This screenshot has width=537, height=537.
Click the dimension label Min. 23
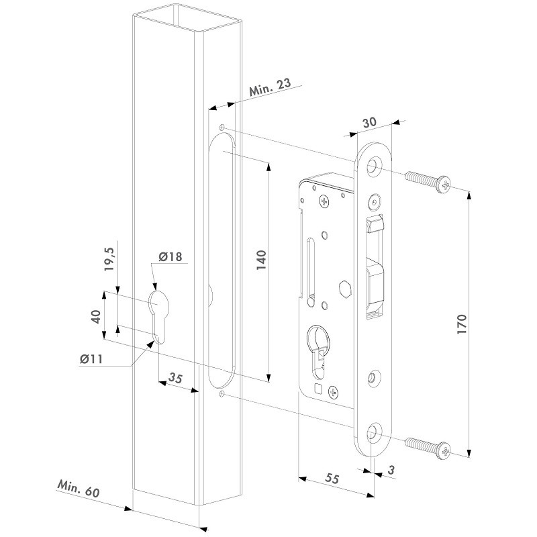[x=270, y=87]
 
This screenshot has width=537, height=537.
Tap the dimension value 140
[x=261, y=260]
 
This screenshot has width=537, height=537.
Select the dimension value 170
[x=462, y=324]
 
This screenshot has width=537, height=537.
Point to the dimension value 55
[x=332, y=478]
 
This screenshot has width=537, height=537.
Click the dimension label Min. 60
[x=79, y=489]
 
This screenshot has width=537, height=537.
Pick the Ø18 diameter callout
[x=170, y=256]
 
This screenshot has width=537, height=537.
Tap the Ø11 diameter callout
[x=91, y=359]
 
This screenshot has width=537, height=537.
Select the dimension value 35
[x=175, y=378]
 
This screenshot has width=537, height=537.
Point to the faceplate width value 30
[x=369, y=122]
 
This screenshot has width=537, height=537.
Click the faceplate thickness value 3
[x=391, y=470]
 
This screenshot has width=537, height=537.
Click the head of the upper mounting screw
[x=444, y=185]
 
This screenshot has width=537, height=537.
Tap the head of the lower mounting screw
[x=444, y=450]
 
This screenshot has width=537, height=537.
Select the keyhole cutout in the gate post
[x=158, y=316]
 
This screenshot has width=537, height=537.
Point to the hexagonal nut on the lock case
[x=344, y=289]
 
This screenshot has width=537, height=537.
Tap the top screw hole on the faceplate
[x=375, y=165]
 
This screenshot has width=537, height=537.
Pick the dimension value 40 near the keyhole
[x=97, y=316]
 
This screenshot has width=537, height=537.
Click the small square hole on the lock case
[x=318, y=389]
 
